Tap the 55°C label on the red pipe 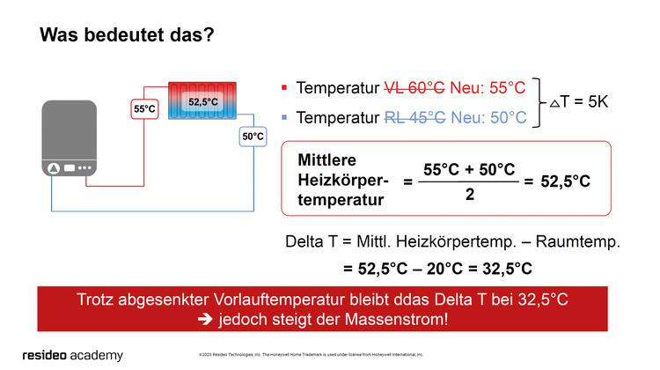pyautogui.click(x=144, y=109)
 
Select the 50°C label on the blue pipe pyautogui.click(x=253, y=137)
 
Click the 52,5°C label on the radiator pyautogui.click(x=203, y=102)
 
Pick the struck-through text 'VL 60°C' pyautogui.click(x=414, y=88)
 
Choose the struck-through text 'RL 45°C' pyautogui.click(x=415, y=117)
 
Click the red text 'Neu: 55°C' pyautogui.click(x=488, y=88)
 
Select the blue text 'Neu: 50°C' pyautogui.click(x=488, y=117)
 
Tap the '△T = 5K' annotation pyautogui.click(x=579, y=102)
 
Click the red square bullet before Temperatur pyautogui.click(x=284, y=88)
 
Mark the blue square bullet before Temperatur pyautogui.click(x=284, y=117)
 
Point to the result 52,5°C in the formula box pyautogui.click(x=565, y=181)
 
